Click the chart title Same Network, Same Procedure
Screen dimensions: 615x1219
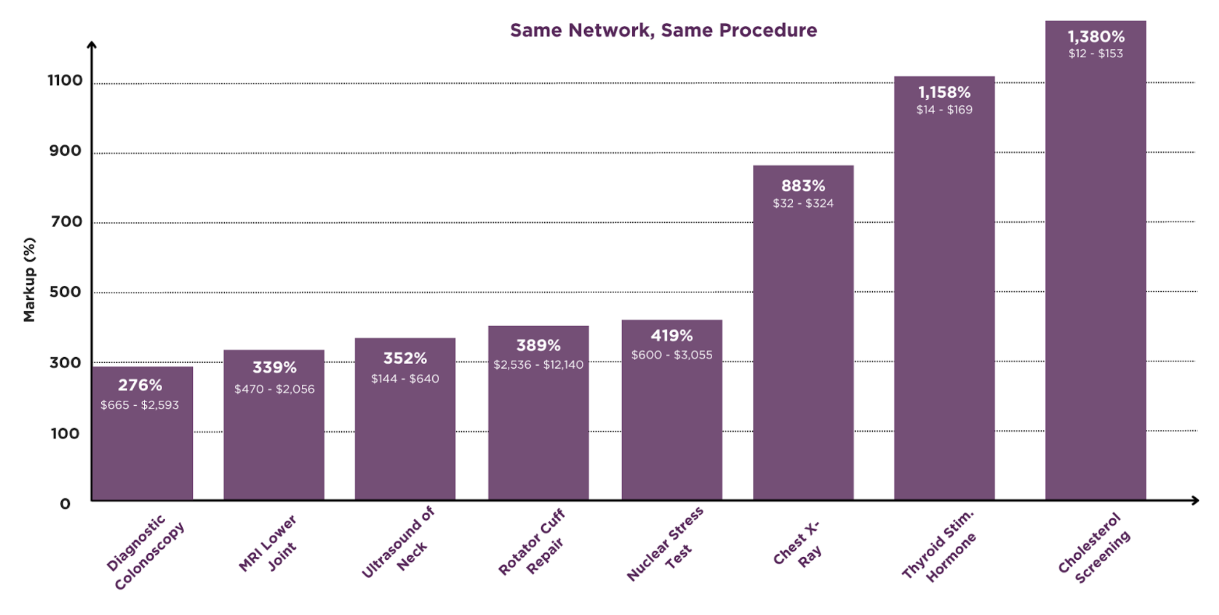click(x=663, y=30)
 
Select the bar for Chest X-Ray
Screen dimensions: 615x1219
click(x=803, y=334)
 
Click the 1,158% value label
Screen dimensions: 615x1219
click(x=944, y=92)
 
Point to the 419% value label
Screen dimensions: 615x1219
click(x=671, y=335)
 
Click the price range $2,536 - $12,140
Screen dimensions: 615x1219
click(x=538, y=365)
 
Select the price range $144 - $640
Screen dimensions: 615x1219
click(x=405, y=379)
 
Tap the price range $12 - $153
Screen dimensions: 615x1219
click(x=1095, y=54)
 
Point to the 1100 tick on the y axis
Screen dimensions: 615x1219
click(x=65, y=81)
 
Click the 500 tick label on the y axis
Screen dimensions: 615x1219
click(x=65, y=292)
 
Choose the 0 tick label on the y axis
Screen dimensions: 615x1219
click(x=65, y=504)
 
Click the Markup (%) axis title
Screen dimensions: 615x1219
click(x=29, y=280)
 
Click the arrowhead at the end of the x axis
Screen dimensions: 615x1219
click(x=1195, y=500)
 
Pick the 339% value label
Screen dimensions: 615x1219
click(x=274, y=367)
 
